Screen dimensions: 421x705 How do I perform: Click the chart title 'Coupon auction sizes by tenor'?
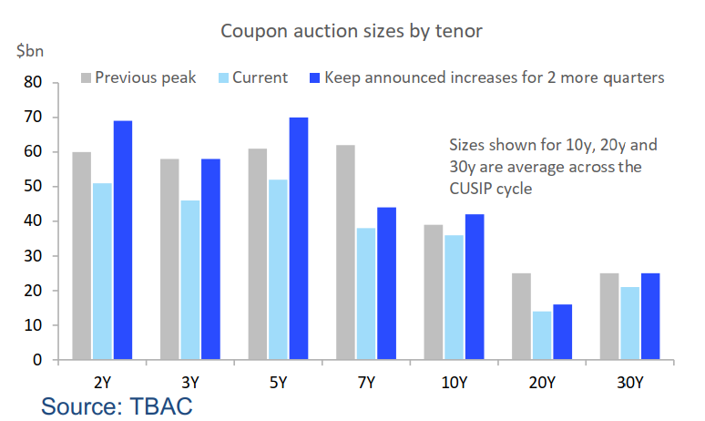352,32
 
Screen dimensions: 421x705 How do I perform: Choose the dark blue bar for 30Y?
649,316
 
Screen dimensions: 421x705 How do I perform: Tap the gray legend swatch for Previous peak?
87,77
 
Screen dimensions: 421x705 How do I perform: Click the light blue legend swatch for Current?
223,77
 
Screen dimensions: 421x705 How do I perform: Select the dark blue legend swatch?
315,77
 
